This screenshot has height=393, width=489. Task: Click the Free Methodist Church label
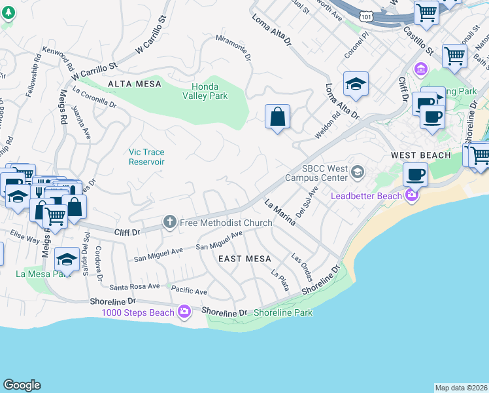[226, 223]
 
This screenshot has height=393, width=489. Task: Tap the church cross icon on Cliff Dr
[170, 223]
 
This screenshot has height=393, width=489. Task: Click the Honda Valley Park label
[209, 91]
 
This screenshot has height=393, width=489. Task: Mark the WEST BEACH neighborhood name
[420, 155]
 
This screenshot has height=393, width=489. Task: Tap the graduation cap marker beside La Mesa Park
[66, 259]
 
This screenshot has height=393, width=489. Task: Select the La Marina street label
[280, 214]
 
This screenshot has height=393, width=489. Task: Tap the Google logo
[22, 385]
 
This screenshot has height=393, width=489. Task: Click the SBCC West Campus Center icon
[357, 172]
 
